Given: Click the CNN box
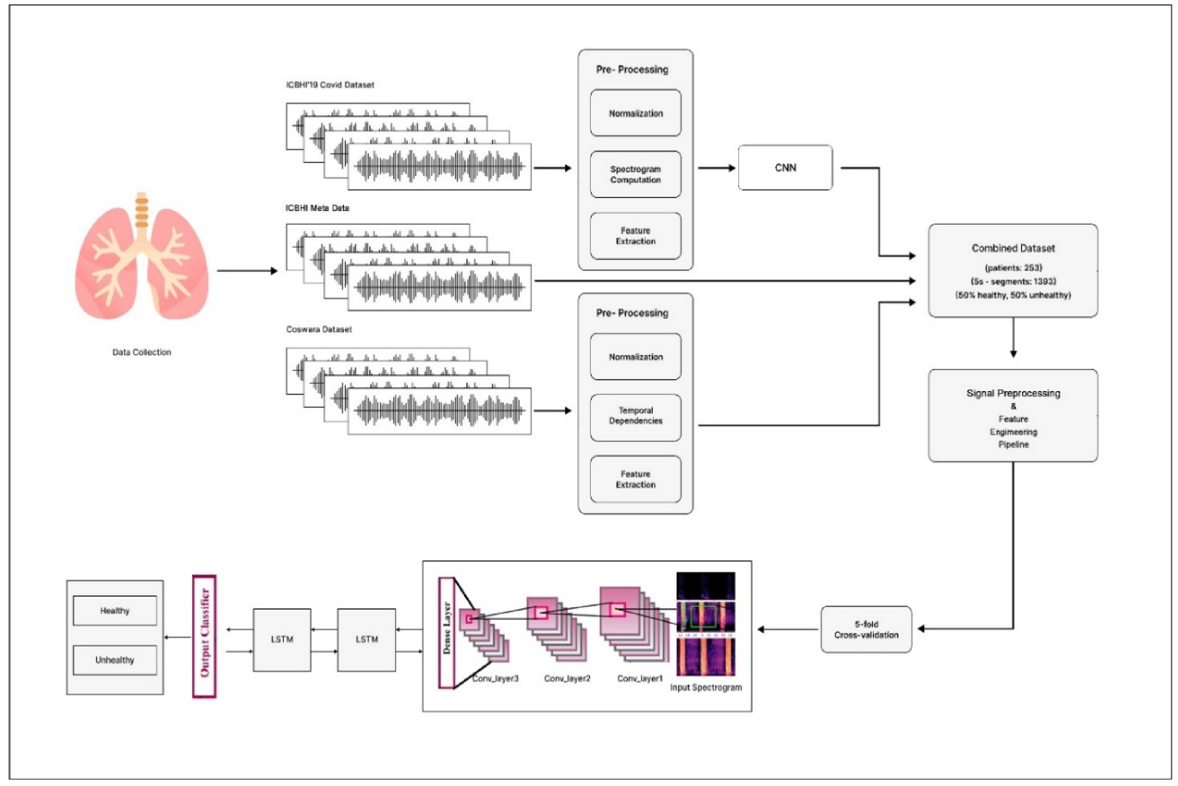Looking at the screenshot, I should click(x=784, y=168).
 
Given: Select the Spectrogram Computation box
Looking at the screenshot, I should click(x=635, y=174).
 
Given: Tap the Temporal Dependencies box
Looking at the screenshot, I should click(x=635, y=416).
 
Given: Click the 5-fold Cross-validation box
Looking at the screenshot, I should click(x=865, y=629).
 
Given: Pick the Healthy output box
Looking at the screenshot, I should click(x=114, y=610).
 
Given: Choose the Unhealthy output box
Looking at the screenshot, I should click(x=114, y=660).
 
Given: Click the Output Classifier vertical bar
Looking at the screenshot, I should click(x=204, y=636).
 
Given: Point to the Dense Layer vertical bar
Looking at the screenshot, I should click(x=447, y=633).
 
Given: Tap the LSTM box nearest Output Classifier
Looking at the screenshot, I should click(x=282, y=639).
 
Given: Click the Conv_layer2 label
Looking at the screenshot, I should click(x=567, y=678).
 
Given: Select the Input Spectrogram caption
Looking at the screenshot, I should click(x=705, y=687).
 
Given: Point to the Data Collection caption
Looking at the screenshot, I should click(x=142, y=352).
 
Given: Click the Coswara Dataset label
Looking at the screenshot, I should click(x=319, y=329).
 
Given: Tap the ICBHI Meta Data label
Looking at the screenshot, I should click(x=317, y=208).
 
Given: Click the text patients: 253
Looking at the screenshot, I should click(x=1013, y=268).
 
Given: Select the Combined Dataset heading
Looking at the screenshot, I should click(x=1013, y=248).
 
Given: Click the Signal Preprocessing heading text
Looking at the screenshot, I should click(x=1013, y=393).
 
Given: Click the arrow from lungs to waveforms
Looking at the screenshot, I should click(x=246, y=270).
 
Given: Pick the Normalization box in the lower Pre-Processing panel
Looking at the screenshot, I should click(x=635, y=356).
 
